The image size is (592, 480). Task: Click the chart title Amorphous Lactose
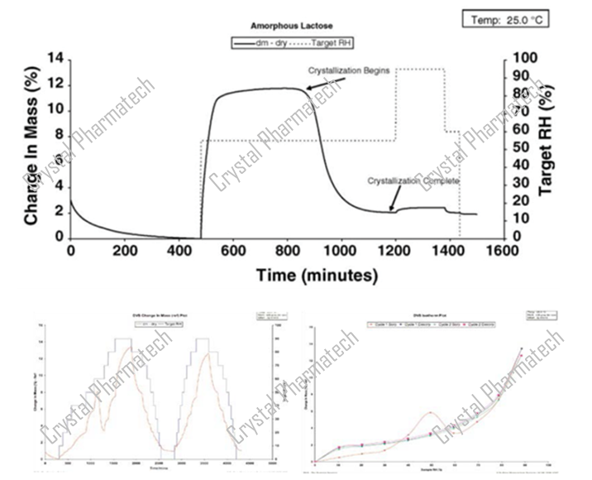[287, 26]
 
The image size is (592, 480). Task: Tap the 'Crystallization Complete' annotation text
[413, 180]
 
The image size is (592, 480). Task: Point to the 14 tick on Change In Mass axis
[56, 59]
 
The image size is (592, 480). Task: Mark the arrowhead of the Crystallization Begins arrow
[307, 88]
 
